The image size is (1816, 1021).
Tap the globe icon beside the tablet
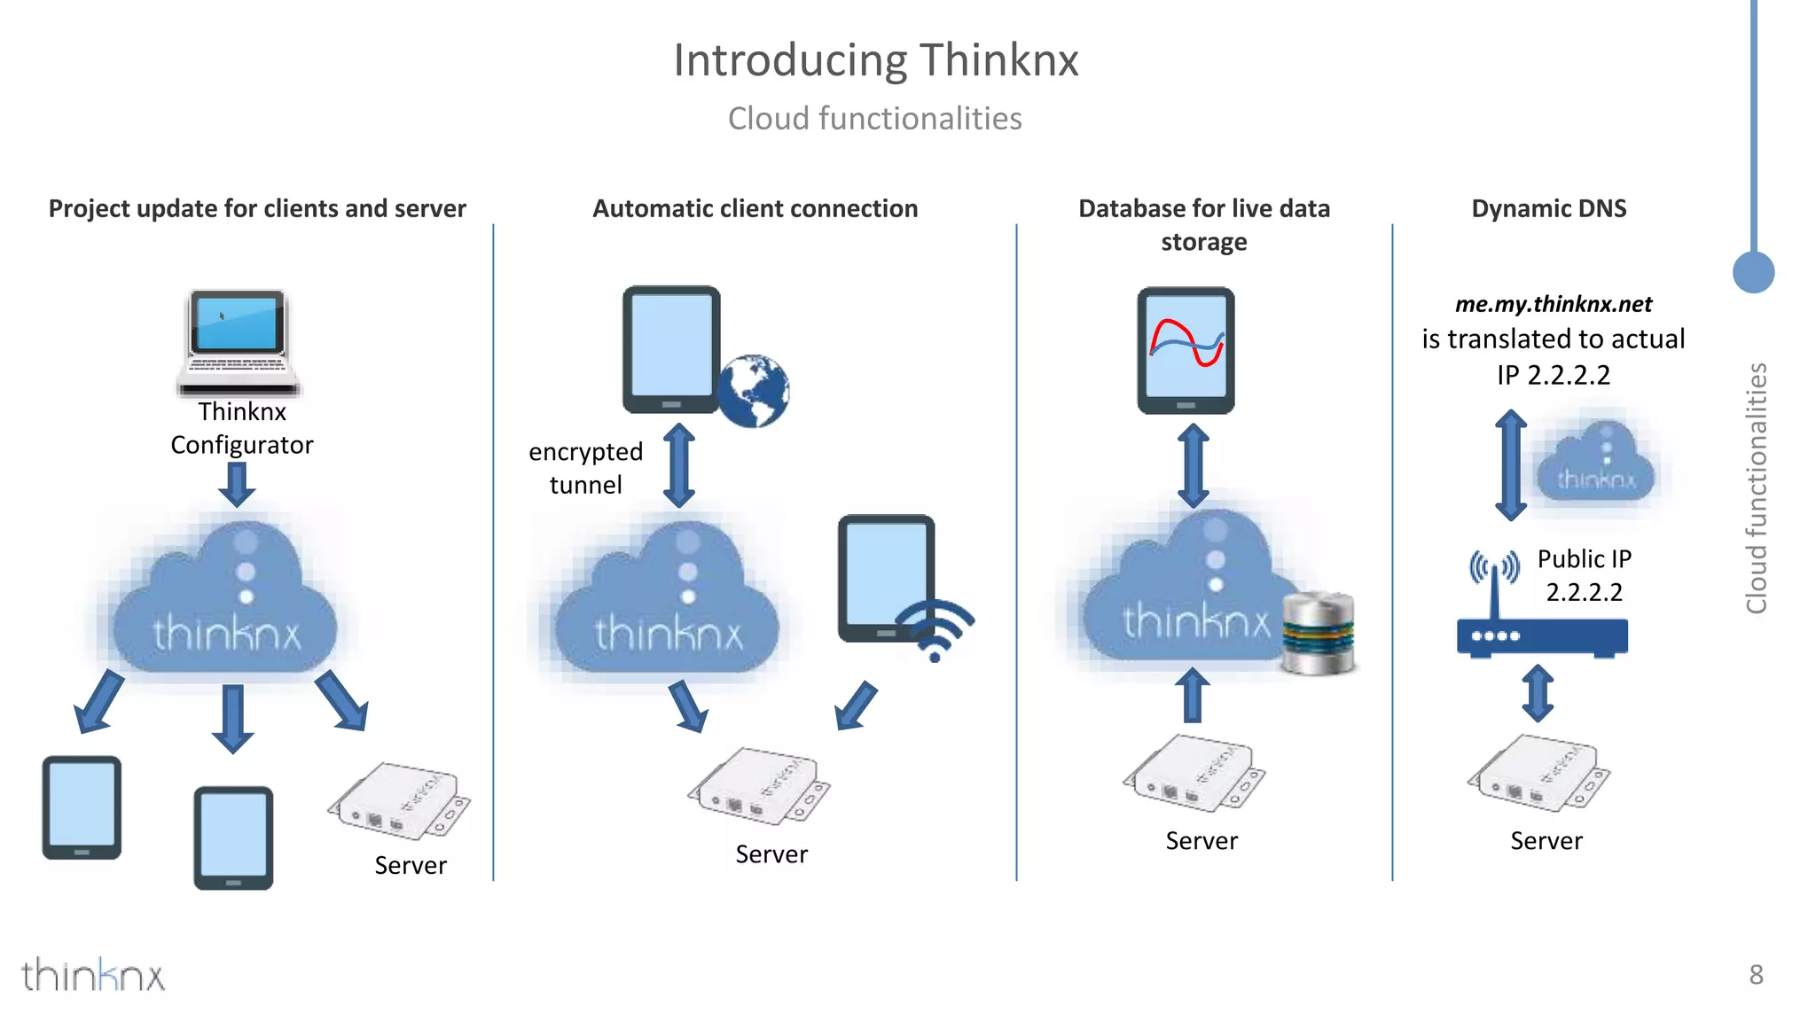click(x=753, y=391)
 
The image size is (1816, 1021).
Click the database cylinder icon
click(x=1319, y=633)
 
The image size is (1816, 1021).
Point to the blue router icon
click(x=1541, y=635)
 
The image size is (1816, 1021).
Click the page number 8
click(x=1756, y=975)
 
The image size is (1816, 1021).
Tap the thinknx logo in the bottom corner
click(x=93, y=975)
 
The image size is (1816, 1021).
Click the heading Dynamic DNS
click(x=1548, y=208)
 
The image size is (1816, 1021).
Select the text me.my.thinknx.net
click(x=1553, y=304)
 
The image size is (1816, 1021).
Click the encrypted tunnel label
click(x=585, y=468)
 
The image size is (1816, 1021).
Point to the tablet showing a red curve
click(x=1186, y=350)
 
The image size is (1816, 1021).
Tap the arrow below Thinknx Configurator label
click(x=237, y=484)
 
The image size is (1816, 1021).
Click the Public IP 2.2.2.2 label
click(x=1584, y=575)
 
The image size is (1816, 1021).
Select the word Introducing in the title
click(x=789, y=60)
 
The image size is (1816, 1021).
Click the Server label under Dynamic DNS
click(x=1546, y=841)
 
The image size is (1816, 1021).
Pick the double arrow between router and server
click(x=1538, y=692)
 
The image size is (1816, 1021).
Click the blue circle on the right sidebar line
click(x=1753, y=271)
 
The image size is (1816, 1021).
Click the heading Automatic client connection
click(x=755, y=208)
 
